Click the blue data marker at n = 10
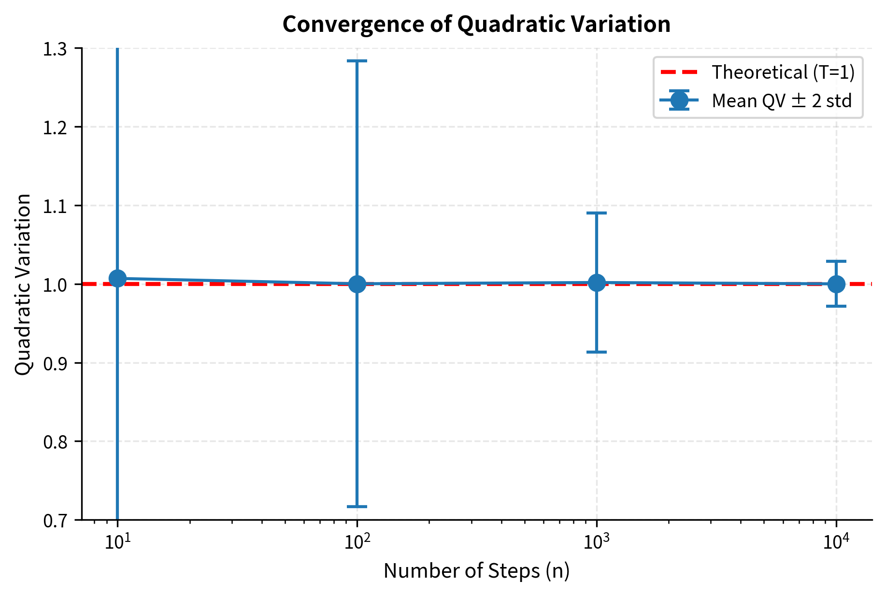(117, 279)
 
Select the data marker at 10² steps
(357, 284)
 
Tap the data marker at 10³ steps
(597, 283)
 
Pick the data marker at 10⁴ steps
(836, 284)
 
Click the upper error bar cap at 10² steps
(357, 61)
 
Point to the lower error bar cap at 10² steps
(357, 507)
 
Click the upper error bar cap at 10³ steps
(597, 213)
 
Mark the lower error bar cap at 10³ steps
(597, 352)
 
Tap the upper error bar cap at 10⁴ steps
(836, 261)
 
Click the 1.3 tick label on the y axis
(56, 49)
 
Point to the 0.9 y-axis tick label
(56, 363)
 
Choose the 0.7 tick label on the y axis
(56, 521)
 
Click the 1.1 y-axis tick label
(56, 206)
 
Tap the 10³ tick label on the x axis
(596, 542)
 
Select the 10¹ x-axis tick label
(117, 542)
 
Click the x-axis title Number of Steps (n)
(476, 571)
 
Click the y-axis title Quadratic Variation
(23, 284)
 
